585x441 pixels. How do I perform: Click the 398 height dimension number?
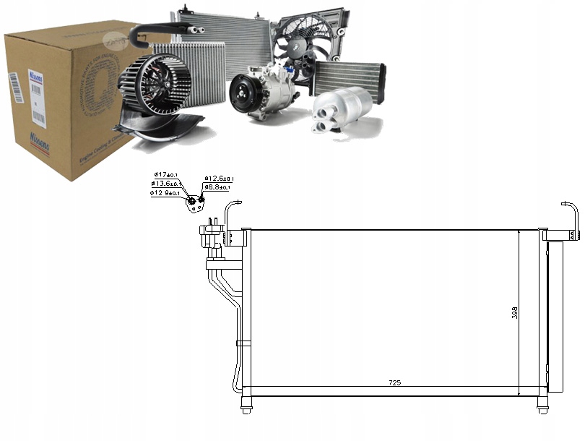click(x=513, y=312)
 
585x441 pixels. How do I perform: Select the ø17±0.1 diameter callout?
click(x=168, y=175)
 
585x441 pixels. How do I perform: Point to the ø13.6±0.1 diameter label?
click(x=166, y=184)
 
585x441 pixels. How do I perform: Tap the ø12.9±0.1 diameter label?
click(x=166, y=193)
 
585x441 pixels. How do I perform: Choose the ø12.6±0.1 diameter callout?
click(x=219, y=178)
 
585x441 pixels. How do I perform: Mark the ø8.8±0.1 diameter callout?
click(x=217, y=187)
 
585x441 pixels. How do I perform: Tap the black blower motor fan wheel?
click(x=155, y=85)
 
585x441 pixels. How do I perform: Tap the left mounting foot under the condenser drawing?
click(x=246, y=410)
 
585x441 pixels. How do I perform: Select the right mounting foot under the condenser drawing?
click(x=543, y=410)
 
